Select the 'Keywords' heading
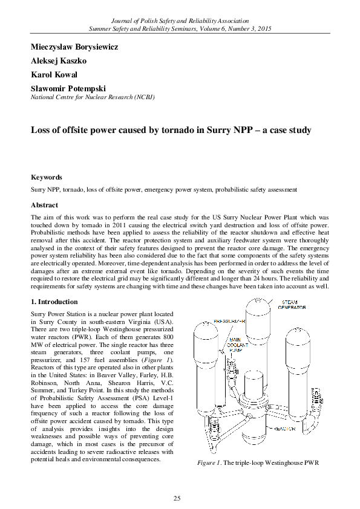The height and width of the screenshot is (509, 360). pos(47,178)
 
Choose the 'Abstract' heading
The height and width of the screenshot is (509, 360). pos(44,205)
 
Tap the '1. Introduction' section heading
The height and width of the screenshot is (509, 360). pos(54,302)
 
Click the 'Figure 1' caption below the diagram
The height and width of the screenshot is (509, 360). pos(257,463)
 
